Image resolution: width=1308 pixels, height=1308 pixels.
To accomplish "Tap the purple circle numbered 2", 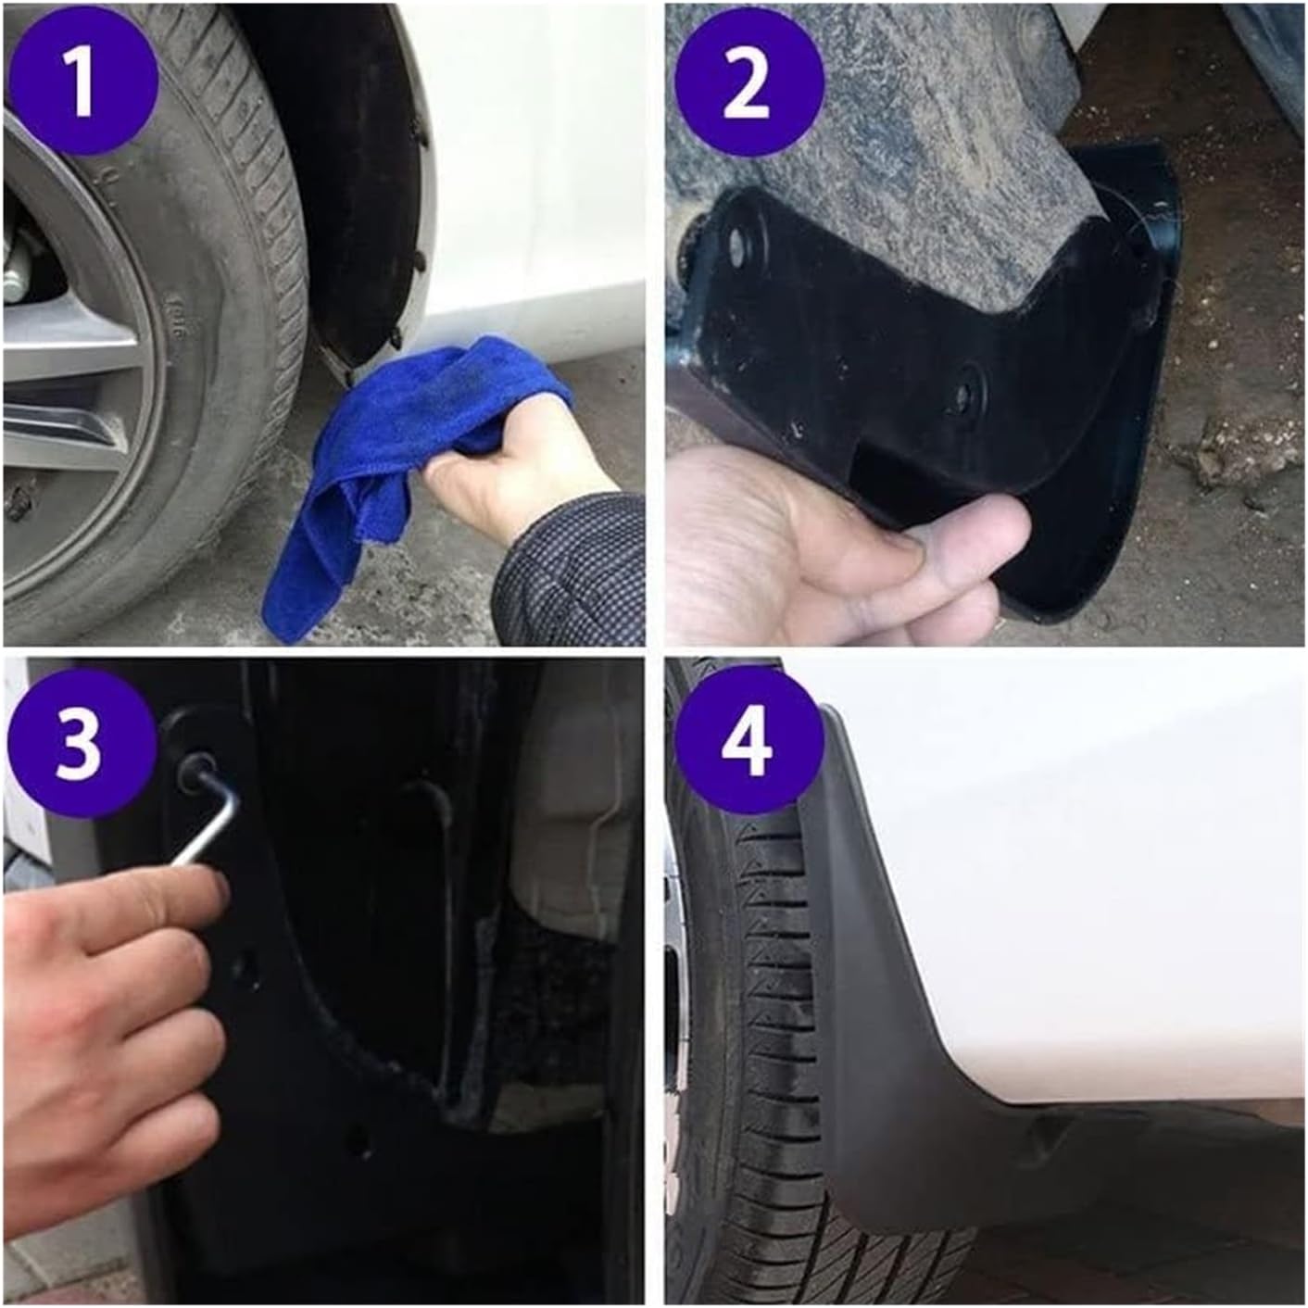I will [x=747, y=82].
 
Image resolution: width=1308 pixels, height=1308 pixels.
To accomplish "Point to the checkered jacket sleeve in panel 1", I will [x=574, y=574].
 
